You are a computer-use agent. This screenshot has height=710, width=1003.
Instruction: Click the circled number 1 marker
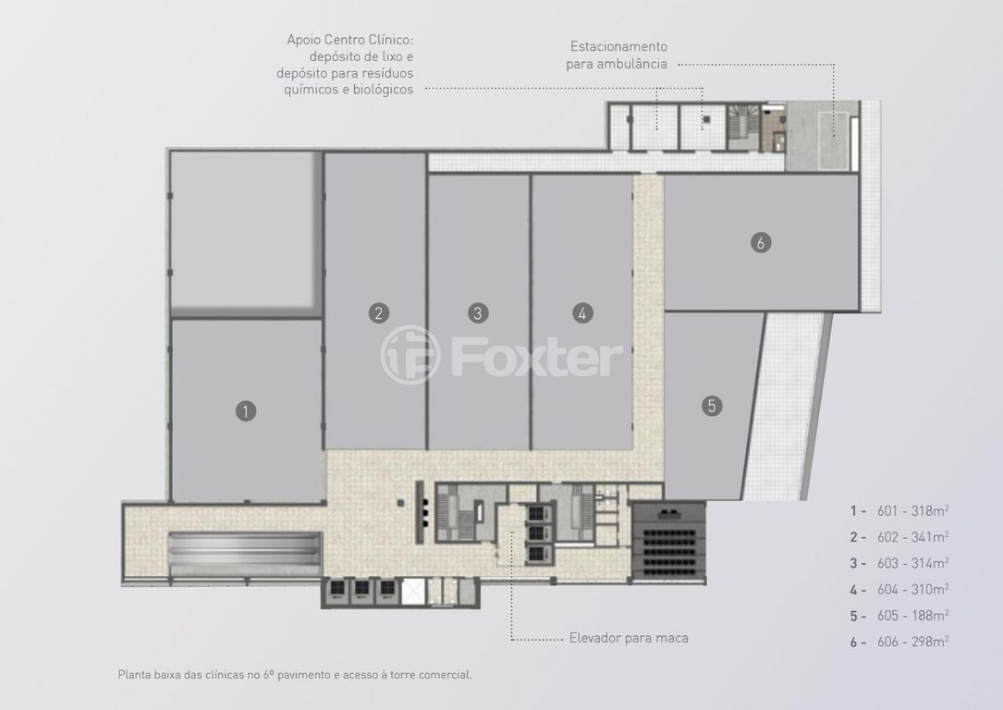246,410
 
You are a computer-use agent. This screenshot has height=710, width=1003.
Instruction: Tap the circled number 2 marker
379,312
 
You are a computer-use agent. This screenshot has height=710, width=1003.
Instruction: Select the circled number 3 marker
478,312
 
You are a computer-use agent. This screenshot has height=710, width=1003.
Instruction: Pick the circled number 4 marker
582,312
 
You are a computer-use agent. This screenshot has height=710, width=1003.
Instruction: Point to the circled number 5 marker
711,406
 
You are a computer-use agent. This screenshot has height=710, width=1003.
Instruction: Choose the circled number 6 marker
761,242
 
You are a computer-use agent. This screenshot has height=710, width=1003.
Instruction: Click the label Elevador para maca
629,638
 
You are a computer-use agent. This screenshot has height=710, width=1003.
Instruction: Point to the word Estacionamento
618,46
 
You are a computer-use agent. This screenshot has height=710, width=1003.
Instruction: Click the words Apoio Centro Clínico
350,40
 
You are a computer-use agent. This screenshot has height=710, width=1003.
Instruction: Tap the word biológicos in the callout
383,90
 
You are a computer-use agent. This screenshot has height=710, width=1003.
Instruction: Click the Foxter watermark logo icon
410,355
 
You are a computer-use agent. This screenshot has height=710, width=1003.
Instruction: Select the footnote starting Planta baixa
295,674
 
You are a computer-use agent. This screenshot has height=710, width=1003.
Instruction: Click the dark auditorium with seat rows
668,542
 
